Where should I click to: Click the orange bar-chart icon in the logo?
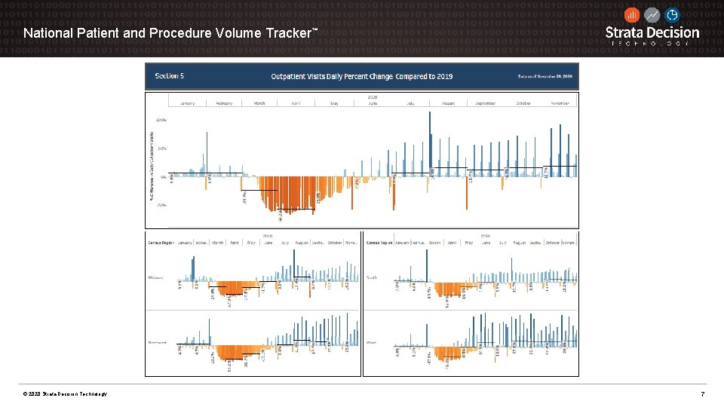tap(632, 15)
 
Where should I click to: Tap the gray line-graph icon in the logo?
tap(652, 15)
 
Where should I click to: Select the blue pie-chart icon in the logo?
tap(671, 15)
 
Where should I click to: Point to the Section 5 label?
tap(170, 75)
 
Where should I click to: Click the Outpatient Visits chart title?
tap(361, 75)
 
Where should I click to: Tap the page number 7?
tap(703, 394)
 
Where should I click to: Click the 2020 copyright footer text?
tap(65, 394)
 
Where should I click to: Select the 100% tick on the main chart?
tap(161, 120)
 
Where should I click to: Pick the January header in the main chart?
tap(188, 103)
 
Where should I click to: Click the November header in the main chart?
tap(559, 103)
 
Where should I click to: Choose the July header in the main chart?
tap(410, 103)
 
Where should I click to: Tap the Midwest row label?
tap(155, 277)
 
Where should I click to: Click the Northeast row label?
tap(157, 341)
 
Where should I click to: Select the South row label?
tap(372, 277)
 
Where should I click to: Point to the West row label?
tap(371, 341)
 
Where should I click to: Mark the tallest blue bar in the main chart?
tap(430, 143)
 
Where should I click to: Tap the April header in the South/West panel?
tap(452, 243)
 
